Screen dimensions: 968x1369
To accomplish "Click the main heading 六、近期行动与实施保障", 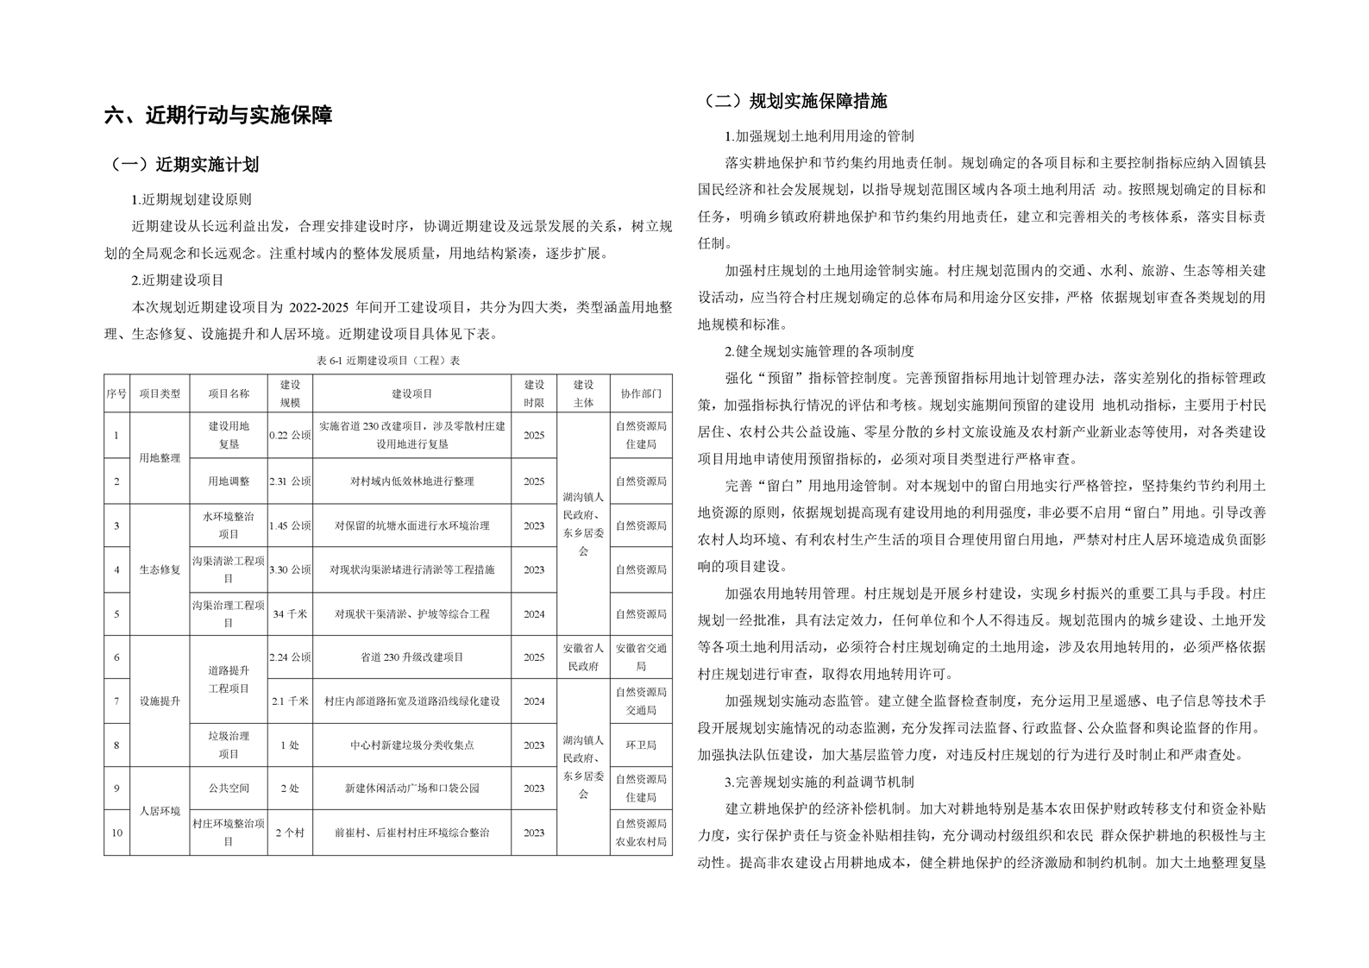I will (x=218, y=116).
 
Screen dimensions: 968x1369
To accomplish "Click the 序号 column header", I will (x=116, y=393).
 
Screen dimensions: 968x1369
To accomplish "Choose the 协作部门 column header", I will (x=641, y=393).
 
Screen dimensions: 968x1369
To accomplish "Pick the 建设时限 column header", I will (x=534, y=393).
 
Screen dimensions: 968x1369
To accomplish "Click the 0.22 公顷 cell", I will (x=290, y=436).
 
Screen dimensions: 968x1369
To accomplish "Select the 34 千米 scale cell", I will (x=290, y=614).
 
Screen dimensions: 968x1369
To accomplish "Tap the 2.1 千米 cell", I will (x=290, y=701).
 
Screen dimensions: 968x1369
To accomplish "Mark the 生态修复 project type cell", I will (x=160, y=569).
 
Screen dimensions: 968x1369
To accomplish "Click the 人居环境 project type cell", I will (x=160, y=811).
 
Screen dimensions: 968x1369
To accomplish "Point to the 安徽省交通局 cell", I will (x=641, y=657).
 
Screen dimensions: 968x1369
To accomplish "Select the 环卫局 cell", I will (x=641, y=745).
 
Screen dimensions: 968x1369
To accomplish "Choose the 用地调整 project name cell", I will (x=229, y=481).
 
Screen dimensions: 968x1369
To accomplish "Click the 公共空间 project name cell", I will (x=229, y=789).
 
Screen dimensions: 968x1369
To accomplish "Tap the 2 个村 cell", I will (x=290, y=833).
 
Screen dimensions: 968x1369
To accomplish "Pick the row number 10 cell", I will (x=116, y=833).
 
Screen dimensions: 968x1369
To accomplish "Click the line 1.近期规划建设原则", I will (x=192, y=199).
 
